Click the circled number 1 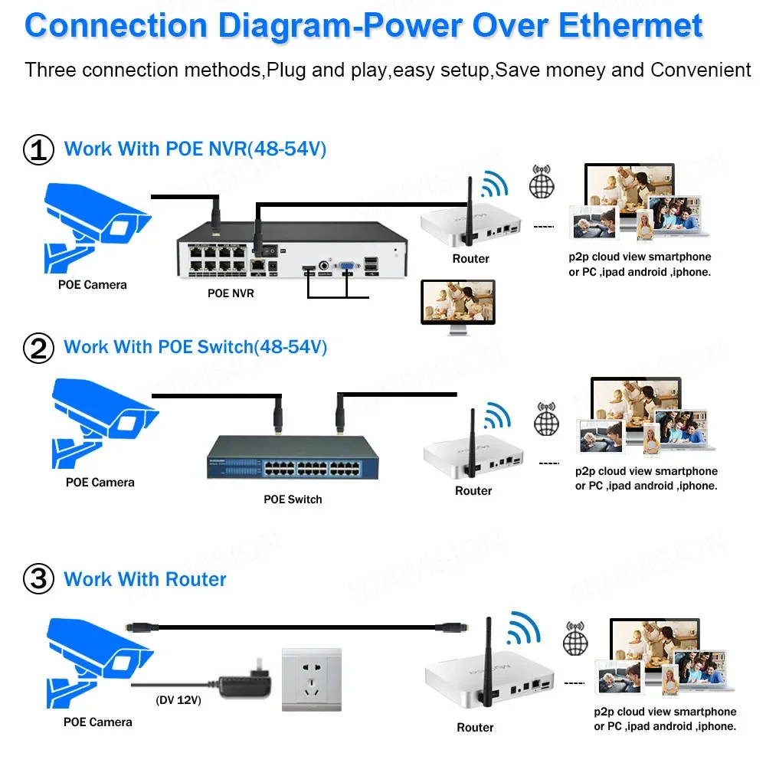(x=38, y=149)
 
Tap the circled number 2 (x=38, y=348)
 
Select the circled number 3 (x=38, y=579)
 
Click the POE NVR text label (x=231, y=293)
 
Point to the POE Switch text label (x=293, y=499)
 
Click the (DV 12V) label (x=178, y=700)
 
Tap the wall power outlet (x=312, y=679)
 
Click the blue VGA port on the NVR (x=347, y=265)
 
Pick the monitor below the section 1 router (x=458, y=307)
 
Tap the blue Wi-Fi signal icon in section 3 (x=524, y=627)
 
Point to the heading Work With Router (x=145, y=579)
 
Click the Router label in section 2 (x=473, y=490)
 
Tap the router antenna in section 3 (x=487, y=662)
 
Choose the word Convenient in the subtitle (x=701, y=70)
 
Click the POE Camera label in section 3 (x=98, y=722)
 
